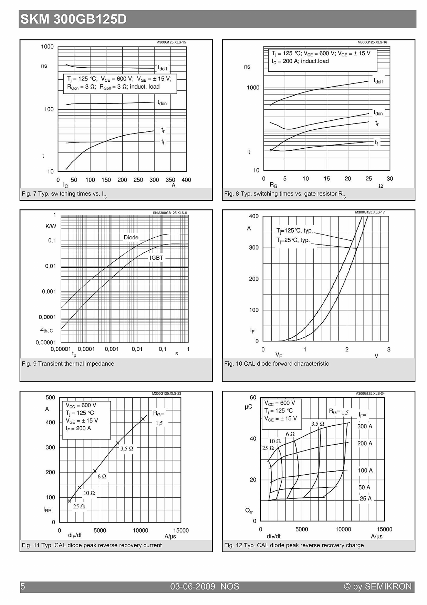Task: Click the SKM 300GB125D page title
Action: point(73,19)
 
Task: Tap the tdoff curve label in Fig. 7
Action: point(163,68)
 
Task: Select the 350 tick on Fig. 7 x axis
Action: point(170,180)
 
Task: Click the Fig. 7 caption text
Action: point(64,194)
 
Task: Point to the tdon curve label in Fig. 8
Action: point(378,112)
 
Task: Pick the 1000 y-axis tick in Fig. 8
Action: point(253,88)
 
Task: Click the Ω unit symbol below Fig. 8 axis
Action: point(381,186)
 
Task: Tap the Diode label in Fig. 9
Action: point(131,237)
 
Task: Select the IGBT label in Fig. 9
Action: point(156,258)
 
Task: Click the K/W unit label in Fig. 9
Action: point(51,226)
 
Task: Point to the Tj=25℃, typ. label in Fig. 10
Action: point(293,240)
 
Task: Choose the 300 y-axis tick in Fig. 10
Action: point(254,248)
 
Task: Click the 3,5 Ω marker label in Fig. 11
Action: point(127,448)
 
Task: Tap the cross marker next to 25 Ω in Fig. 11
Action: point(70,501)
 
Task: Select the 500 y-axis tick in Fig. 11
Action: point(50,397)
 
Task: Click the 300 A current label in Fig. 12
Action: point(365,426)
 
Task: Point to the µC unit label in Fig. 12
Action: point(248,407)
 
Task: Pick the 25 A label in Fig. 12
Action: point(366,498)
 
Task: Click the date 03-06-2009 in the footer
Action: point(192,586)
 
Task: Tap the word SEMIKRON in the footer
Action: point(388,586)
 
